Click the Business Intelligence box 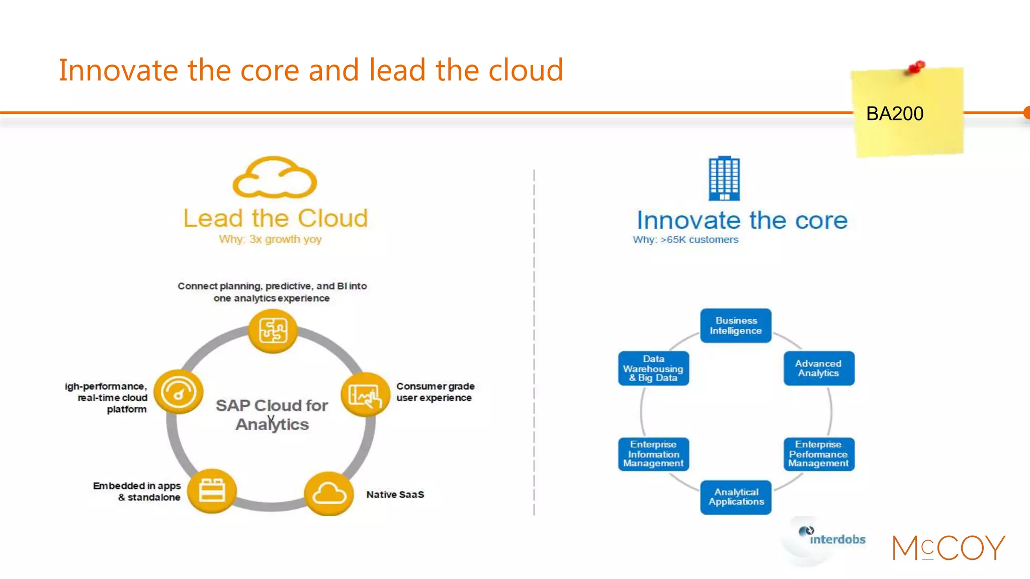[735, 326]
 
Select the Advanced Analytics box [818, 368]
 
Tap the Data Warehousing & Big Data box [653, 368]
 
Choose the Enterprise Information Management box [653, 454]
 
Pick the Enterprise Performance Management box [818, 454]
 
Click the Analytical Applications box [735, 497]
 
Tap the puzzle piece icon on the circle [273, 331]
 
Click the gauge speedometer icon [178, 392]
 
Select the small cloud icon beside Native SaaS [329, 494]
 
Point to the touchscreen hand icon [365, 395]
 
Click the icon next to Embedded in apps [212, 491]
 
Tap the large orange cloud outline [275, 178]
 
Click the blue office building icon [724, 178]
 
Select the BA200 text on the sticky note [895, 114]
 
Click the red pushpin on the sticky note [916, 67]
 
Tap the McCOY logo [949, 547]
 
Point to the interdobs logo [832, 538]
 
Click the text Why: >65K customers [685, 240]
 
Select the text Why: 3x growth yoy [270, 239]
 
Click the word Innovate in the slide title [118, 70]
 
